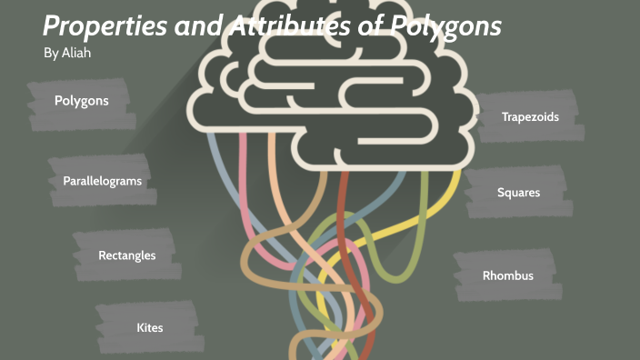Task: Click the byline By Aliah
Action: point(68,53)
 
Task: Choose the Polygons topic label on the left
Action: point(81,101)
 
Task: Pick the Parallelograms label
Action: point(102,181)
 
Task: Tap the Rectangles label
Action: point(126,255)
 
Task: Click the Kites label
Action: point(149,327)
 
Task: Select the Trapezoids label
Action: point(530,117)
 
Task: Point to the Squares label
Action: point(518,193)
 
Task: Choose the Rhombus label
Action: point(507,275)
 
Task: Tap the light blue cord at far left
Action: point(215,164)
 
